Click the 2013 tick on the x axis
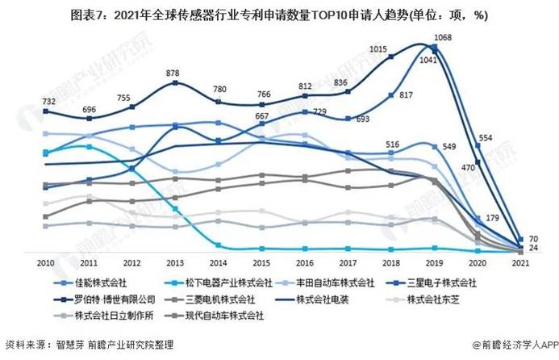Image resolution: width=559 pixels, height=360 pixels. point(174,262)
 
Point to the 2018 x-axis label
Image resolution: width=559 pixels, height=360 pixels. point(391,262)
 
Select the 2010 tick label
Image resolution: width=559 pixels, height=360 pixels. point(44,262)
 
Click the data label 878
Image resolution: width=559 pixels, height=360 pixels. point(173,73)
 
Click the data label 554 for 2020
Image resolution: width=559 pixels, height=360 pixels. point(485,139)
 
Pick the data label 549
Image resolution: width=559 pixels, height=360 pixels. point(450,146)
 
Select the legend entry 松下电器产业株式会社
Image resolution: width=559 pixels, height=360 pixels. point(223,283)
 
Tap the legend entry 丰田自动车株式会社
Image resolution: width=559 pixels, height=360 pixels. point(336,283)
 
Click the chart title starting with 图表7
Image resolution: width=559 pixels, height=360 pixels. point(279,14)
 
